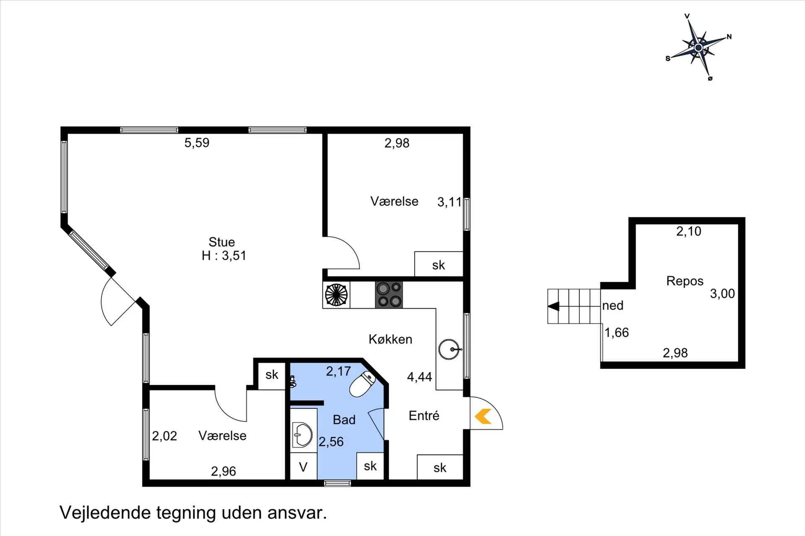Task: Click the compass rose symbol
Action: tap(698, 48)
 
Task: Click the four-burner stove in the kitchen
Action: tap(389, 295)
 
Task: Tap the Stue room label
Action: tap(222, 242)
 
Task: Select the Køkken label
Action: tap(390, 339)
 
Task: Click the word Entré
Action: tap(424, 415)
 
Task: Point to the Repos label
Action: tap(685, 281)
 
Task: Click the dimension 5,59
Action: tap(197, 143)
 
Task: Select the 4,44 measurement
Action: tap(419, 377)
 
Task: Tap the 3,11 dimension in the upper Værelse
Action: tap(449, 202)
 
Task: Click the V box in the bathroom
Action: tap(303, 466)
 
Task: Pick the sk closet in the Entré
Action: tap(440, 467)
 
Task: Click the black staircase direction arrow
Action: tap(553, 307)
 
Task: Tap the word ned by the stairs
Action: tap(613, 306)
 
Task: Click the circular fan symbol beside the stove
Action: tap(336, 295)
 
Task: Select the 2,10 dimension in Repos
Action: tap(688, 231)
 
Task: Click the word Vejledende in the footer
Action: tap(105, 513)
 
